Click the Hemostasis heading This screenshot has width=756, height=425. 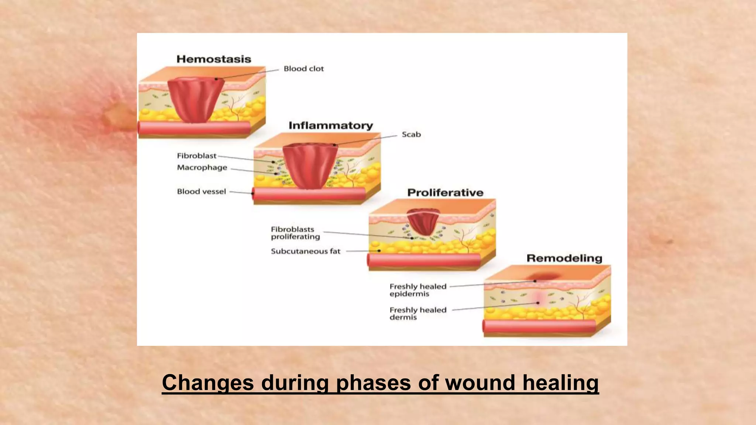213,59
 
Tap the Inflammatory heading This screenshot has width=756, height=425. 330,125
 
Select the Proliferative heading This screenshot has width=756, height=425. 445,193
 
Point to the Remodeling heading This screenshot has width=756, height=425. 564,258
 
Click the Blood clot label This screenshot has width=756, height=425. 303,69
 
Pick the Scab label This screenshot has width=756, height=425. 411,135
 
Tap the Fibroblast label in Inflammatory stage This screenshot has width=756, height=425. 196,156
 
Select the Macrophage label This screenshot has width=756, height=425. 202,167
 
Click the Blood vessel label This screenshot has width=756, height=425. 201,191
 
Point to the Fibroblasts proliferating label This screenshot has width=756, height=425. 295,233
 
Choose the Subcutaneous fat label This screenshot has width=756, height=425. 305,251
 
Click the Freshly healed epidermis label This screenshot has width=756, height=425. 417,290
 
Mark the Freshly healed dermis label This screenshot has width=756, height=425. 417,314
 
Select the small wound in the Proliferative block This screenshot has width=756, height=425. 423,221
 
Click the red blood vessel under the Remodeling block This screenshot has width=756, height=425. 539,326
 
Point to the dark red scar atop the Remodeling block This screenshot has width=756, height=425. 543,276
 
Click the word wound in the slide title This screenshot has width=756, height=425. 480,383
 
